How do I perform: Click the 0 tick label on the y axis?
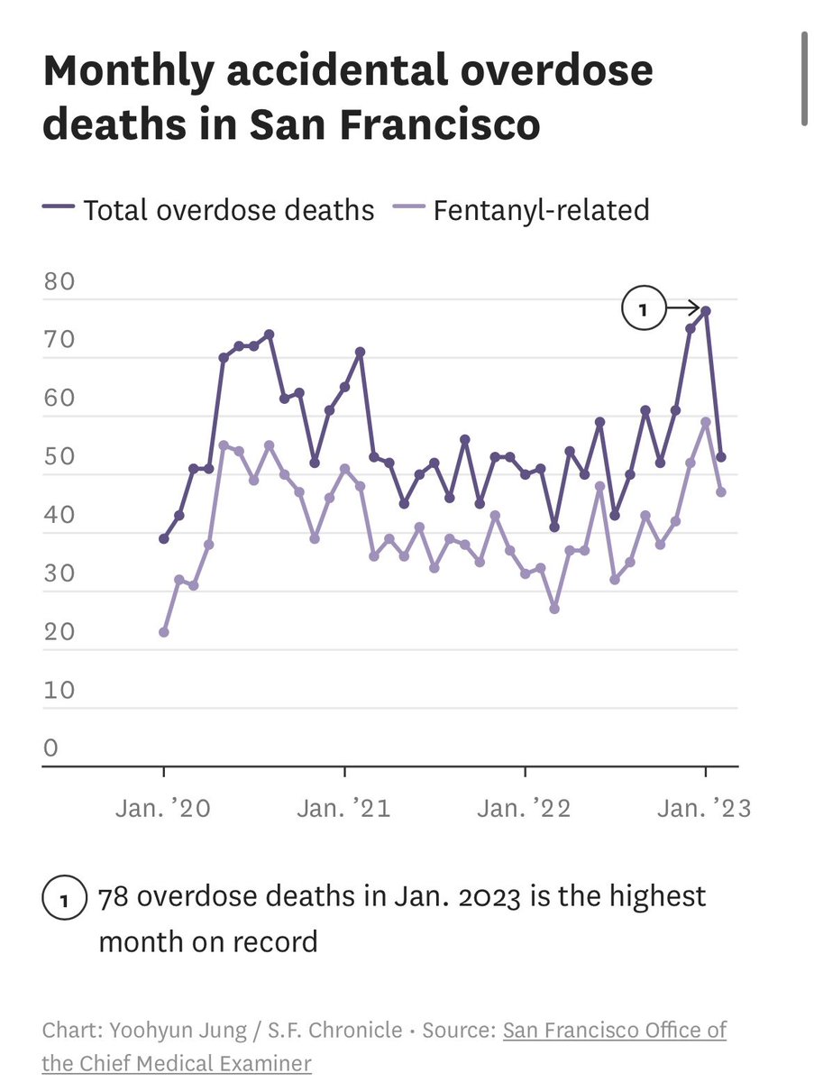click(51, 748)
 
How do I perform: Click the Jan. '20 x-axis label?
click(163, 808)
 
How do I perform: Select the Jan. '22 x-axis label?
click(525, 808)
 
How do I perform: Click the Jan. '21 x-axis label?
click(344, 808)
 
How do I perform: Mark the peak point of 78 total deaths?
click(706, 311)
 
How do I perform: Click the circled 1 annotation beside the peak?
click(643, 310)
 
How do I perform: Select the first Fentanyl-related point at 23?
click(163, 632)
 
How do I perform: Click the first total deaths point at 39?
click(163, 538)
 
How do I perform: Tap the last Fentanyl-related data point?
click(721, 491)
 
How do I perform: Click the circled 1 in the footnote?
click(63, 900)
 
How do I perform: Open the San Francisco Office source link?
click(614, 1030)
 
